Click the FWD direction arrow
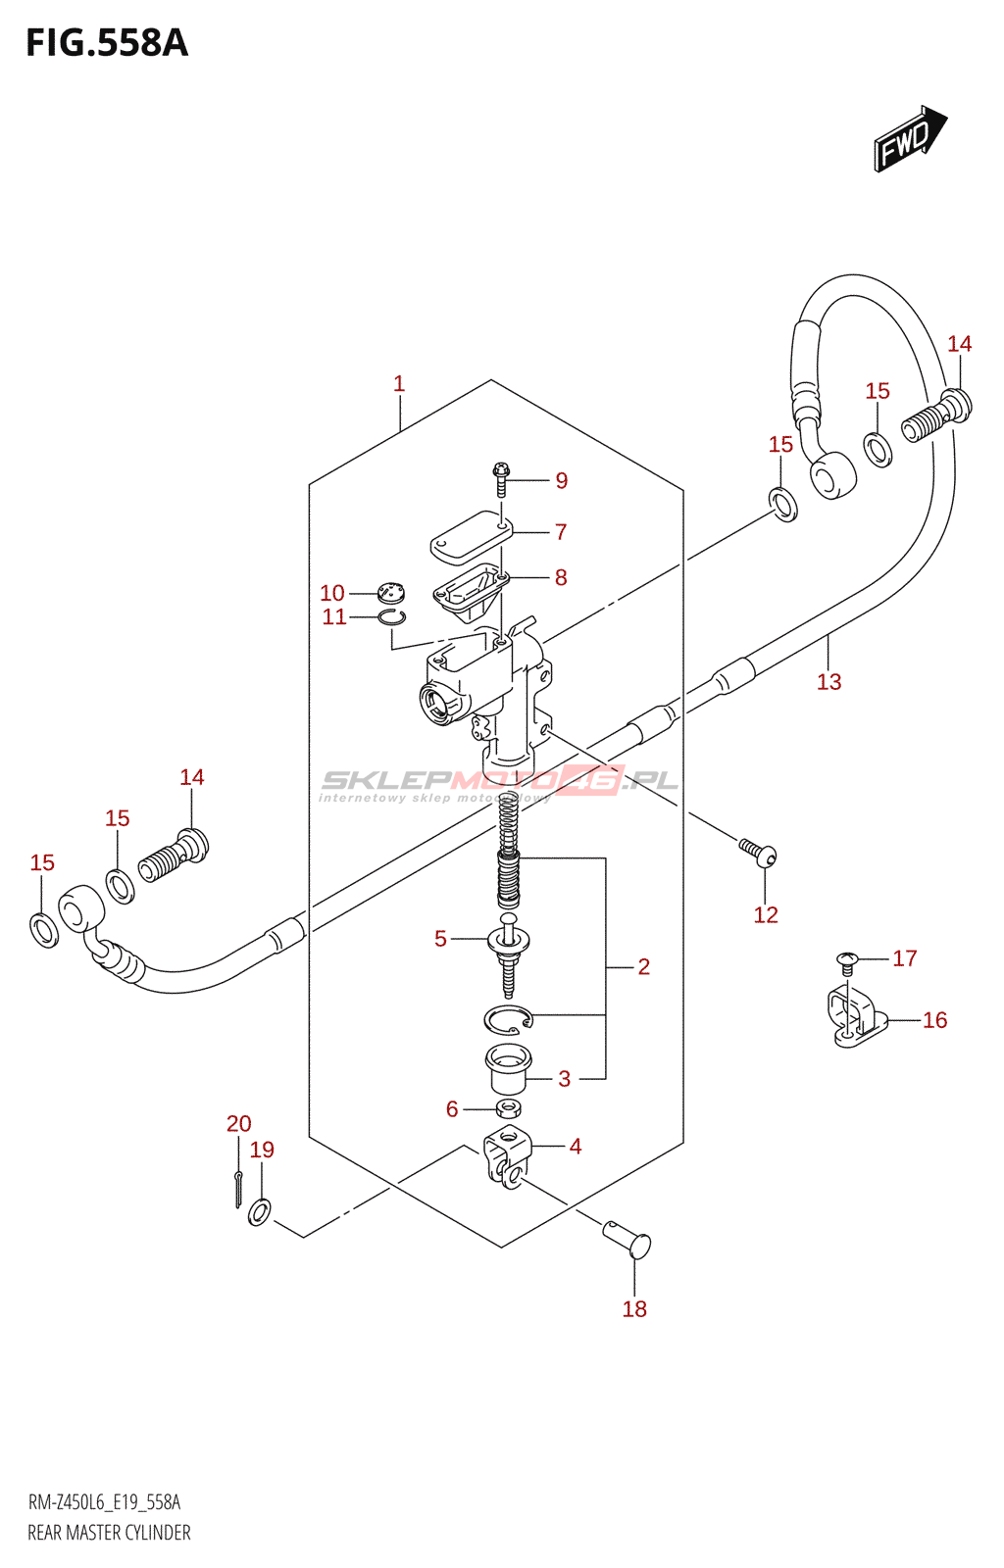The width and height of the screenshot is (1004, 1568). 909,140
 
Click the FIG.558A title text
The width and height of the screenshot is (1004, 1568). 106,43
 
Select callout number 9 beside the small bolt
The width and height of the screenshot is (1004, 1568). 561,480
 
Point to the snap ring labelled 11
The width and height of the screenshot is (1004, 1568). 393,616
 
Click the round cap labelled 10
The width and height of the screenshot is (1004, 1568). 390,593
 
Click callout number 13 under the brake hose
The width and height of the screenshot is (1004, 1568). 828,681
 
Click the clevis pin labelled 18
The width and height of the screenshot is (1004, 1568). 627,1238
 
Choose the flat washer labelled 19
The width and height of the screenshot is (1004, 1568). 260,1211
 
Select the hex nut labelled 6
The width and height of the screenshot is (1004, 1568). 507,1108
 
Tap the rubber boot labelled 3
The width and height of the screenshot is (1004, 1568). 508,1068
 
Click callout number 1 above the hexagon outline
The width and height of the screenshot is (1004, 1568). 399,384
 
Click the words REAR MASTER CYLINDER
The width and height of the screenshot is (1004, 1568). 109,1533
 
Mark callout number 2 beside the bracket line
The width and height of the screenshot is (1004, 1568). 643,966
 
